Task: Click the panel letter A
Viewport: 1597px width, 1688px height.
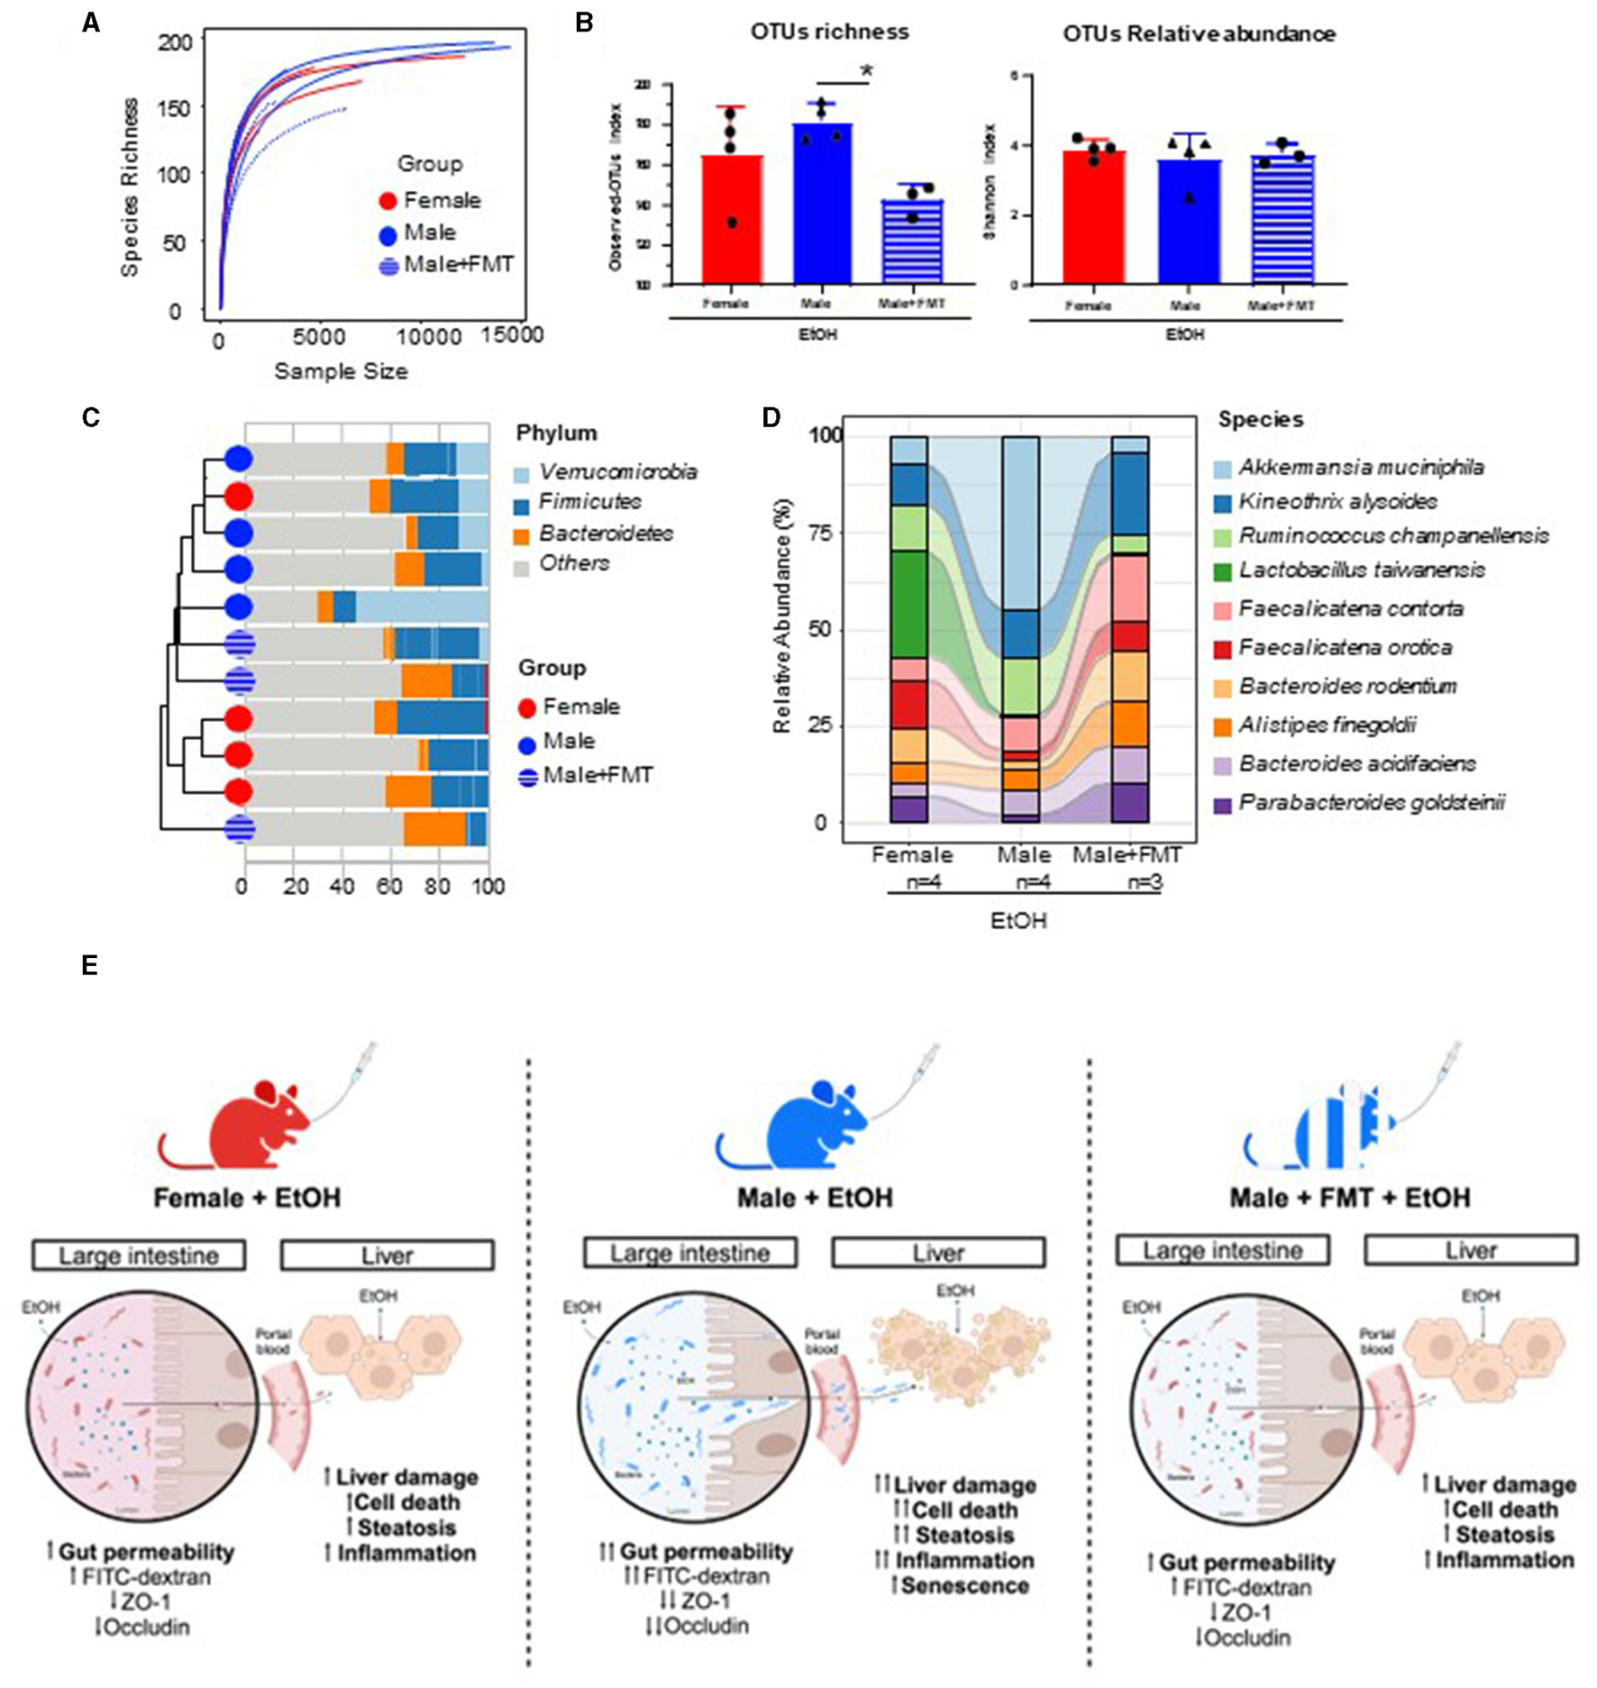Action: tap(91, 23)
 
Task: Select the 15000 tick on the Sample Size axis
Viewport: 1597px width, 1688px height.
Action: tap(512, 335)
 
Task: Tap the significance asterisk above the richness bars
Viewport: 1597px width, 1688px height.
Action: tap(868, 71)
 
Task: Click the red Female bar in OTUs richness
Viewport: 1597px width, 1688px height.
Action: tap(732, 220)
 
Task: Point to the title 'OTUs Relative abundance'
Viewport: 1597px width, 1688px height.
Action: tap(1199, 34)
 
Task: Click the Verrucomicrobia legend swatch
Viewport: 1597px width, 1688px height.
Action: tap(522, 473)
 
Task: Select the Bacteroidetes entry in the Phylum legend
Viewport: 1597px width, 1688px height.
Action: tap(606, 534)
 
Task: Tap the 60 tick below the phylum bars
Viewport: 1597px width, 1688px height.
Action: tap(389, 887)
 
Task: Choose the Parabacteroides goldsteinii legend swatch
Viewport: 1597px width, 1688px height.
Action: tap(1223, 805)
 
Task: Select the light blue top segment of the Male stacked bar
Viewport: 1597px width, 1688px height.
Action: tap(1021, 523)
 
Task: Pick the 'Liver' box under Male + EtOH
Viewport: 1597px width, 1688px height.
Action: tap(938, 1253)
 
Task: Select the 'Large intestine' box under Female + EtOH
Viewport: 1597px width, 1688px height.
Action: tap(139, 1255)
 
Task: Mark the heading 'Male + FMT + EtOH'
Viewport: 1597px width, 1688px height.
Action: tap(1349, 1198)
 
